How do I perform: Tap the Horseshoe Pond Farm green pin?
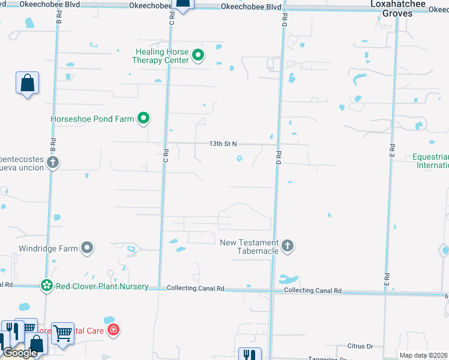click(143, 119)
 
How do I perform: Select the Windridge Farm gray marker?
click(88, 247)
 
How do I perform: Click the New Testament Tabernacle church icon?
click(288, 245)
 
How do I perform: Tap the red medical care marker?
click(113, 329)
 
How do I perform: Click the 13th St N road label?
click(223, 144)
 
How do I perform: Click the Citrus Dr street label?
click(360, 346)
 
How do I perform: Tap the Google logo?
click(20, 353)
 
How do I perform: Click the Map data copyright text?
click(424, 355)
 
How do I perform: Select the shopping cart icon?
click(62, 332)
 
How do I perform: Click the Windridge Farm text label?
click(52, 248)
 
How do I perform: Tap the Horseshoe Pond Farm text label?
click(92, 119)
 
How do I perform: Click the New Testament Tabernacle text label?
click(249, 247)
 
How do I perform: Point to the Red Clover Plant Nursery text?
click(102, 286)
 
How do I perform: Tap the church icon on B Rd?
click(53, 163)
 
